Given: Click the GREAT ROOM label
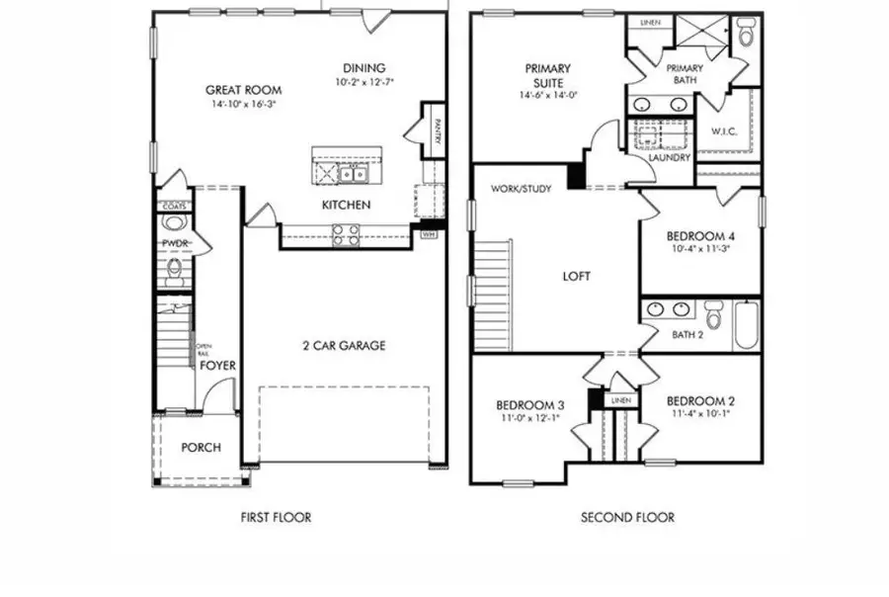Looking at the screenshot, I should point(239,87).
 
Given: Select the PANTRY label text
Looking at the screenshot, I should point(434,128).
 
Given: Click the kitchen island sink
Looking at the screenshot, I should point(353,174).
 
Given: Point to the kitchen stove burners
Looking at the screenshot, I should point(345,234).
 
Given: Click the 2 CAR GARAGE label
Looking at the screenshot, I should point(344,346).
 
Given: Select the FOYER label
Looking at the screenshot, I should point(218,366).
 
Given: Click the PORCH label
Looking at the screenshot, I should point(201,448).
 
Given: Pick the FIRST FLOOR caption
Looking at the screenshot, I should point(277,517).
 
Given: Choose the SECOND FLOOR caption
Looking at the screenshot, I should point(627,517).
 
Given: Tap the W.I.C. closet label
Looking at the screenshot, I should point(725,130).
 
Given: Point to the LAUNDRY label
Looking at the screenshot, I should point(670,157).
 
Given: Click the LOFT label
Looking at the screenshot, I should point(576,277).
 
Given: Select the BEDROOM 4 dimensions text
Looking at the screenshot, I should point(699,249).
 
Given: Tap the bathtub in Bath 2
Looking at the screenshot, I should point(746,324).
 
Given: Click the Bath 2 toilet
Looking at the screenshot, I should point(713,319).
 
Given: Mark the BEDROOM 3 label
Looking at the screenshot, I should point(530,405).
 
